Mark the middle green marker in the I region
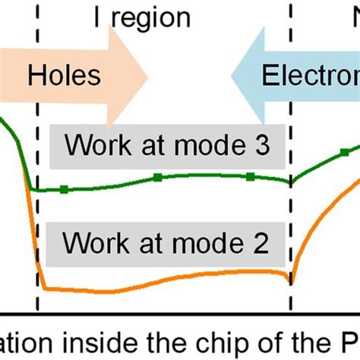157,177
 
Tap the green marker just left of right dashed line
250,177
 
